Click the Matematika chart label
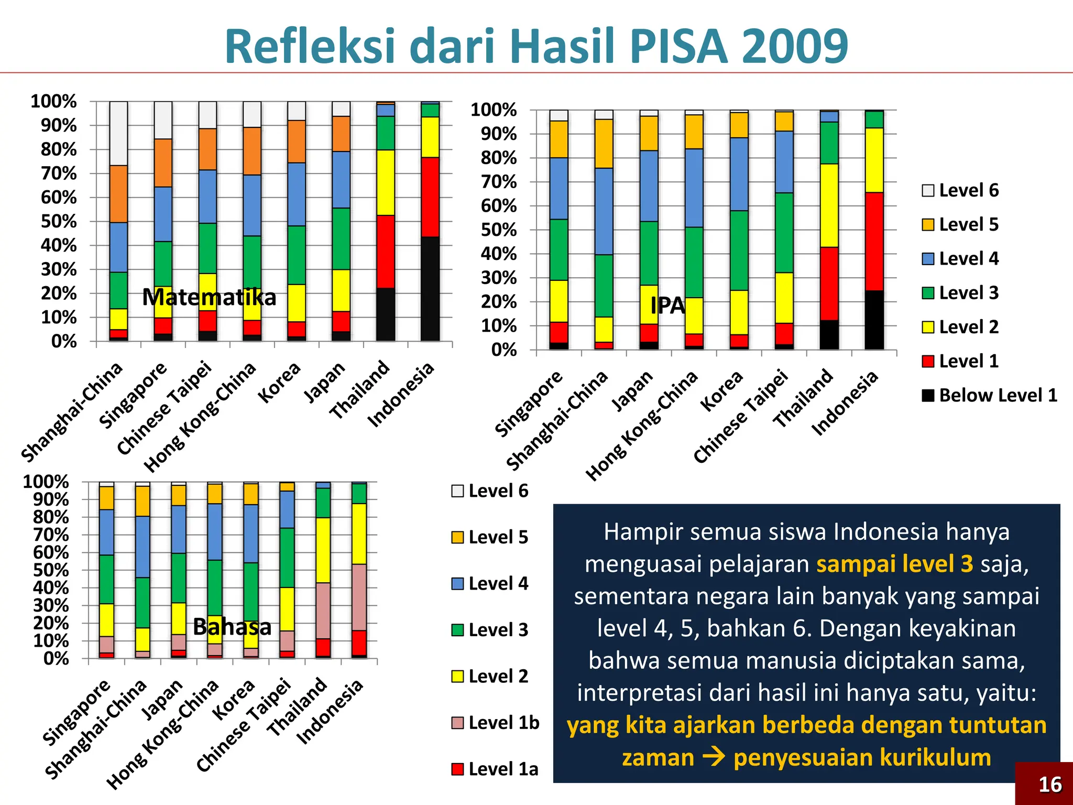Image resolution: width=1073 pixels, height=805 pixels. click(209, 298)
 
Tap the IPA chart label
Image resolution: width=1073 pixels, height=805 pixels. click(667, 305)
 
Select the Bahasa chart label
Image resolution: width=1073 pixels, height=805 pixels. click(232, 627)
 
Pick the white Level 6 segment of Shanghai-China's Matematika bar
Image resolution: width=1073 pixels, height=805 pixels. click(119, 133)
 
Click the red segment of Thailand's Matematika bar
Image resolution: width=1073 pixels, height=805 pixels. click(386, 252)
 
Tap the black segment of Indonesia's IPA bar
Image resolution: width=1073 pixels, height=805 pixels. click(874, 320)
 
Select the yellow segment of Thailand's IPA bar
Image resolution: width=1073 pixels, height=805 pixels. click(829, 205)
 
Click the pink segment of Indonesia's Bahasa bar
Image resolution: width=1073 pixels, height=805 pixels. click(359, 597)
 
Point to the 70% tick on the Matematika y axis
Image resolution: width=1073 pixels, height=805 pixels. click(59, 173)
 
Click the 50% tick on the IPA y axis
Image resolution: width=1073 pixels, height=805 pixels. click(499, 230)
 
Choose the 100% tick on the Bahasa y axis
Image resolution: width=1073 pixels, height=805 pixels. click(46, 482)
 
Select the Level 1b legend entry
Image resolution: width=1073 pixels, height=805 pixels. click(495, 723)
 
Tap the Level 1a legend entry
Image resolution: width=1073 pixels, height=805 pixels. click(495, 769)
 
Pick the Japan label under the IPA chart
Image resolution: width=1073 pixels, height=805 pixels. click(632, 390)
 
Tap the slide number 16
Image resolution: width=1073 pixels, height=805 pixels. click(1050, 785)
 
